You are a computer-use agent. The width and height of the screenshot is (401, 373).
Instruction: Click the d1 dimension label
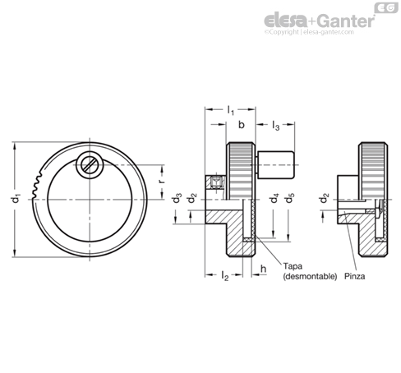(x=17, y=198)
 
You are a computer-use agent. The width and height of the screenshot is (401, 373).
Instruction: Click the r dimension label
(x=162, y=181)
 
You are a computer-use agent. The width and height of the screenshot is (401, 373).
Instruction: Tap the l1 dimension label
(x=231, y=110)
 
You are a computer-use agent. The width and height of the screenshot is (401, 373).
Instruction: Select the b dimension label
(x=241, y=125)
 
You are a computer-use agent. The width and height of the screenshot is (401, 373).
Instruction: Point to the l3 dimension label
(x=275, y=126)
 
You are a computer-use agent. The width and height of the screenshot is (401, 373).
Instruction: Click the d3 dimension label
(x=177, y=198)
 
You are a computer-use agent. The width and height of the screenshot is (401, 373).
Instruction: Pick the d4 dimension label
(x=274, y=198)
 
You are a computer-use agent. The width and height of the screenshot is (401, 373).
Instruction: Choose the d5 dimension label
(x=289, y=198)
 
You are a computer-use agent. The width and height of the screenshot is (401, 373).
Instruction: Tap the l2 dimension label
(x=224, y=275)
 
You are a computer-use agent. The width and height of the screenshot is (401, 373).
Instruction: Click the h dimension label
(x=263, y=269)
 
